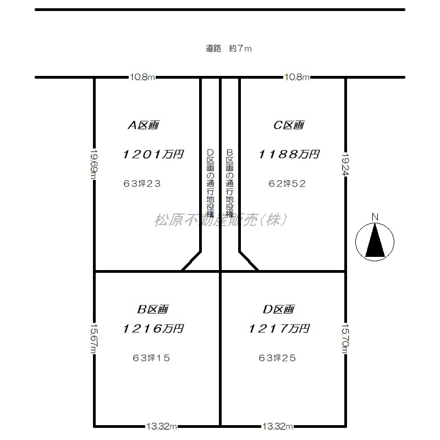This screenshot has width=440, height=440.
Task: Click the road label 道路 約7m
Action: pyautogui.click(x=228, y=48)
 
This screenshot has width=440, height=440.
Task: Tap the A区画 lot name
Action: pyautogui.click(x=144, y=125)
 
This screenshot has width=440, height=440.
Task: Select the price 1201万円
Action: pyautogui.click(x=153, y=155)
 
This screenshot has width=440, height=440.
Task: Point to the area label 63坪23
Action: pyautogui.click(x=142, y=184)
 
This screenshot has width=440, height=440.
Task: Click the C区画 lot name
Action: pyautogui.click(x=289, y=125)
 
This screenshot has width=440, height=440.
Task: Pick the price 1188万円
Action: pyautogui.click(x=289, y=155)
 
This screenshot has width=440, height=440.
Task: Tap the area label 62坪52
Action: pyautogui.click(x=287, y=184)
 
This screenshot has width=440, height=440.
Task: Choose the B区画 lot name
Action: pyautogui.click(x=153, y=309)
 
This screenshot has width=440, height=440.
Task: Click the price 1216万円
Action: pyautogui.click(x=153, y=328)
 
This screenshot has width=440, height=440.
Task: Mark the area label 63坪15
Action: pyautogui.click(x=151, y=358)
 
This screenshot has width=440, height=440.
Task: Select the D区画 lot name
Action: pyautogui.click(x=279, y=309)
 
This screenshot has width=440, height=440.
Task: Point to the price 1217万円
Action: pyautogui.click(x=279, y=328)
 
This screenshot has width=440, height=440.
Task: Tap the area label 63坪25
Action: pyautogui.click(x=277, y=358)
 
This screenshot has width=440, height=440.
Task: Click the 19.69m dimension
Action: pyautogui.click(x=94, y=163)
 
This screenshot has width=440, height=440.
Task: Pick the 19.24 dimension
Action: pyautogui.click(x=345, y=164)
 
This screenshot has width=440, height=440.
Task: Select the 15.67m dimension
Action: pyautogui.click(x=94, y=339)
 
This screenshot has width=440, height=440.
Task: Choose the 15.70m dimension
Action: pyautogui.click(x=345, y=339)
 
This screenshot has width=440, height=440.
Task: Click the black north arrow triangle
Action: pyautogui.click(x=375, y=241)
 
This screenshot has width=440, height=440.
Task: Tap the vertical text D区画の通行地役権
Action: pyautogui.click(x=210, y=183)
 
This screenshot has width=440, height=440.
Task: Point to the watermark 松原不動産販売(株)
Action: pyautogui.click(x=221, y=219)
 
